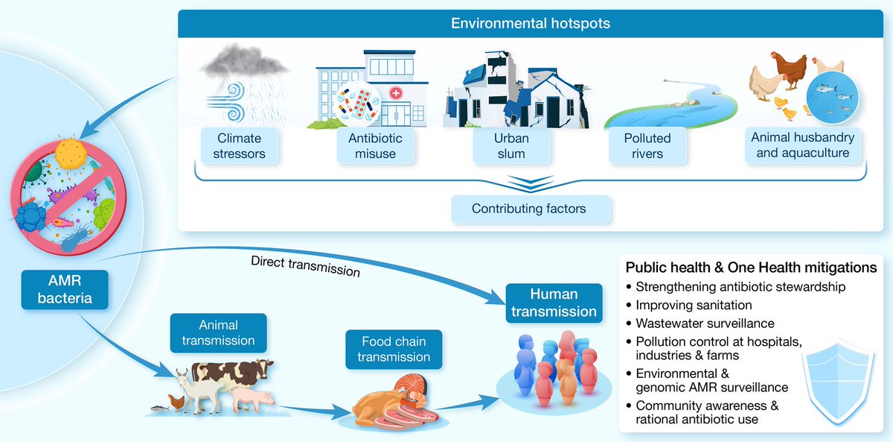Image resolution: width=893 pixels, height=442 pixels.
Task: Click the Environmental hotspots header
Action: [x=530, y=24]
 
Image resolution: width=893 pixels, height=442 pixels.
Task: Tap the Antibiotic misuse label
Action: [x=375, y=146]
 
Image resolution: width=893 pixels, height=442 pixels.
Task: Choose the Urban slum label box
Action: [x=511, y=146]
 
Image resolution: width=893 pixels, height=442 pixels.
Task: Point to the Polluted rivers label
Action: [x=647, y=146]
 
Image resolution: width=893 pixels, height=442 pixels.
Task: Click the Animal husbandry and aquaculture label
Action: [x=802, y=145]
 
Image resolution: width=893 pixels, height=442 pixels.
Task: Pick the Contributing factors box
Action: [x=529, y=209]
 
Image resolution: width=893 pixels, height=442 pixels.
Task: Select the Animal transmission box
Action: [x=218, y=333]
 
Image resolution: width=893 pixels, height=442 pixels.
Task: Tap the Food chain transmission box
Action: [x=394, y=350]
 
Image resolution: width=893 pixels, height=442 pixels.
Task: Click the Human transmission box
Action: [x=554, y=303]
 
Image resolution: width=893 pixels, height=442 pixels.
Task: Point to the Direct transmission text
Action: [x=305, y=266]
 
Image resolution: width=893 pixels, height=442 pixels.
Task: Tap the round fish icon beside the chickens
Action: [x=833, y=97]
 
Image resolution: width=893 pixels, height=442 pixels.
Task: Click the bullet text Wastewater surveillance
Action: [x=705, y=323]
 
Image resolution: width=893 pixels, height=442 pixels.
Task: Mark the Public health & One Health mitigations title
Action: [x=751, y=268]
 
